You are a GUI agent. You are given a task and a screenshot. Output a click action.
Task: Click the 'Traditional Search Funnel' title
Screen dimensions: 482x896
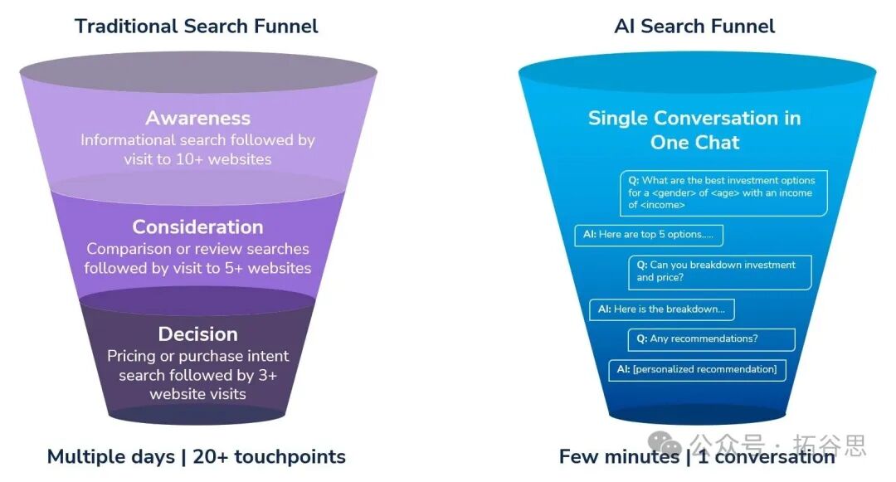point(197,26)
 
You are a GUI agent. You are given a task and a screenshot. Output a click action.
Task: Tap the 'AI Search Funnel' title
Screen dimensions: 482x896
point(694,26)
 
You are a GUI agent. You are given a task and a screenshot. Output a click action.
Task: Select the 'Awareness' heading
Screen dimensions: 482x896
point(197,118)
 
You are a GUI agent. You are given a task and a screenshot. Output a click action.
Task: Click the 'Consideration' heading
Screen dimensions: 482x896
point(197,226)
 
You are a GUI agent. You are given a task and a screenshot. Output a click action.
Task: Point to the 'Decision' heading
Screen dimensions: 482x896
point(197,334)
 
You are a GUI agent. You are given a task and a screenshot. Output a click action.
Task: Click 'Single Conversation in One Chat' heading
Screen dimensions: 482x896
point(694,129)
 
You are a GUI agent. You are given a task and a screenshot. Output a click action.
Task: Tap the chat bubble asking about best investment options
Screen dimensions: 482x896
point(723,192)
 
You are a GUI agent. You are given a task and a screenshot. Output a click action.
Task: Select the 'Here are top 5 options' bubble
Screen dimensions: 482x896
point(648,235)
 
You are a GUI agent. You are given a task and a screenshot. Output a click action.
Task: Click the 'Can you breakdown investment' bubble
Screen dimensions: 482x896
point(719,271)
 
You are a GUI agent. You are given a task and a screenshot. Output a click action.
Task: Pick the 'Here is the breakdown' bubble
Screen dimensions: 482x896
point(661,309)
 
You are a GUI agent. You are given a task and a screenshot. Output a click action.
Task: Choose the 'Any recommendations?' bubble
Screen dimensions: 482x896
point(711,338)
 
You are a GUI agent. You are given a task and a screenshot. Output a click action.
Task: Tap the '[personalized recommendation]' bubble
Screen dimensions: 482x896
point(697,369)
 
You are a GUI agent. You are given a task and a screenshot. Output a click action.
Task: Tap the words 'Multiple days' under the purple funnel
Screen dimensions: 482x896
point(110,456)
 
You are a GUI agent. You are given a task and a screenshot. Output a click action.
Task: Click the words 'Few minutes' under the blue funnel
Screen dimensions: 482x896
point(618,456)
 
